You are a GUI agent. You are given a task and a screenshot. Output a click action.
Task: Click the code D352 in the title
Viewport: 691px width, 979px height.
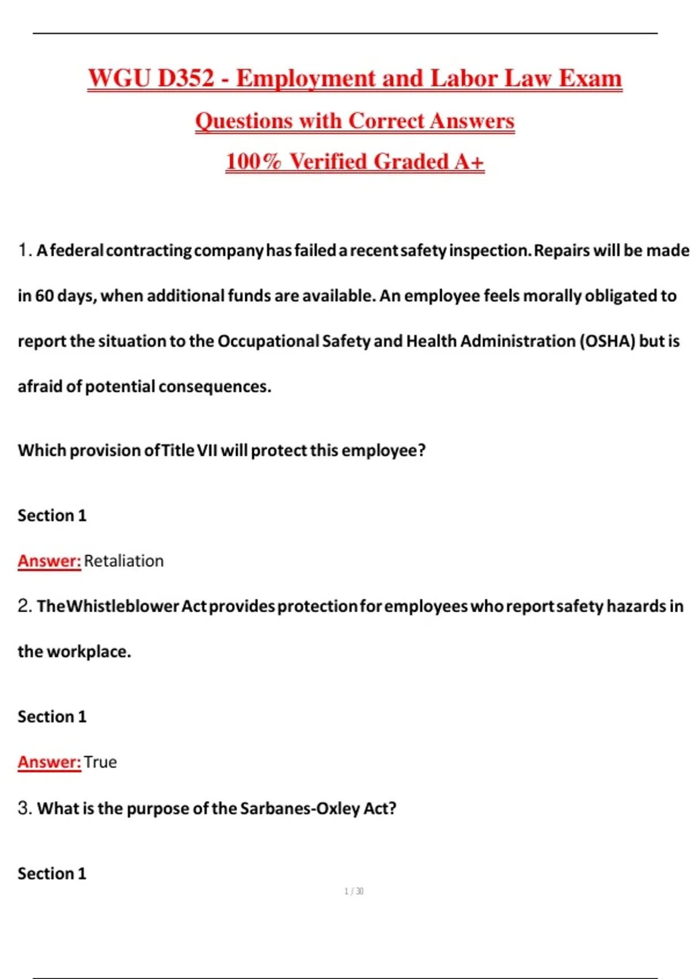pyautogui.click(x=185, y=78)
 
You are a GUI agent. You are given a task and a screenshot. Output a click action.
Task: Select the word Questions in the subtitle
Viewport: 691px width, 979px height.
pyautogui.click(x=244, y=121)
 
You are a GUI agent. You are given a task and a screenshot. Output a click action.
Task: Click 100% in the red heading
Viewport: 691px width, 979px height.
pyautogui.click(x=253, y=162)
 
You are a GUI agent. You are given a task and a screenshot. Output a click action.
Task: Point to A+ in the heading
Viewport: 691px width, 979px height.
pyautogui.click(x=469, y=162)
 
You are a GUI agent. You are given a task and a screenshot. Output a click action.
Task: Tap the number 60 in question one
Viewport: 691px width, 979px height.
pyautogui.click(x=45, y=296)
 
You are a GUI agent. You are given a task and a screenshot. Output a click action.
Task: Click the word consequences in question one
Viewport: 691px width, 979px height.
pyautogui.click(x=214, y=386)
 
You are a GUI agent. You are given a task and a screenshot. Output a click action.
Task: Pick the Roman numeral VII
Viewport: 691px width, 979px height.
pyautogui.click(x=207, y=450)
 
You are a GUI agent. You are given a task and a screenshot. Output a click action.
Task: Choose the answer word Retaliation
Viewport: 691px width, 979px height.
pyautogui.click(x=124, y=561)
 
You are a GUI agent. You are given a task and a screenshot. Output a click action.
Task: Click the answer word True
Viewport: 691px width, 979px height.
pyautogui.click(x=100, y=762)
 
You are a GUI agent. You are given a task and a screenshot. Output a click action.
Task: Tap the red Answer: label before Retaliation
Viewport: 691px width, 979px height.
pyautogui.click(x=49, y=561)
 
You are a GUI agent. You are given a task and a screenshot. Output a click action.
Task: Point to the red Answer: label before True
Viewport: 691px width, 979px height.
pyautogui.click(x=49, y=762)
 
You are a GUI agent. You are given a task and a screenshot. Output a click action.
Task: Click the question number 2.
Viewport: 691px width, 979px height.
pyautogui.click(x=24, y=606)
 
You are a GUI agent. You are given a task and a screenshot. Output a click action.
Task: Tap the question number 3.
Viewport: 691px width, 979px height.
pyautogui.click(x=24, y=809)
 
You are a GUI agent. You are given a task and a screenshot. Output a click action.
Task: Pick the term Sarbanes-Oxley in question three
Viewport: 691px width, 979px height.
pyautogui.click(x=300, y=809)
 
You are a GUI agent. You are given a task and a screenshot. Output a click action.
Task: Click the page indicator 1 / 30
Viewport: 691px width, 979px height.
pyautogui.click(x=354, y=891)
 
